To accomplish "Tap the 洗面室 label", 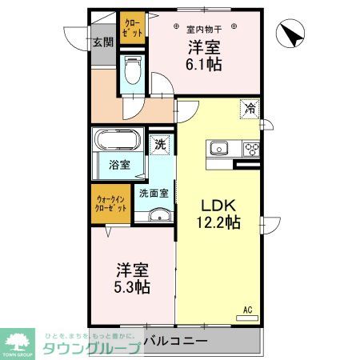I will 154,193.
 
